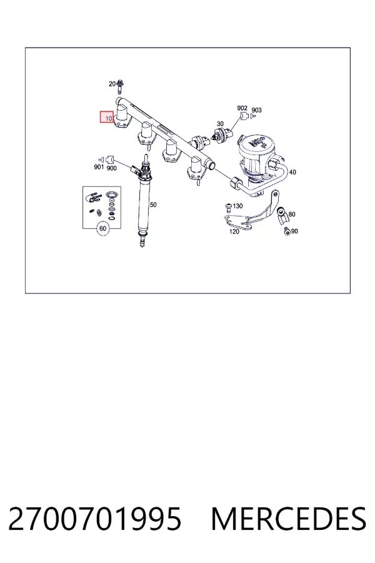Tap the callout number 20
click(112, 84)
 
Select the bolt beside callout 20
click(120, 86)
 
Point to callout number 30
click(220, 124)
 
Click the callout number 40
click(292, 173)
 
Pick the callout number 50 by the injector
click(153, 205)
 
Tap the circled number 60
click(103, 229)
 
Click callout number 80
click(292, 215)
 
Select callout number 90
click(294, 231)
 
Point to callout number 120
click(234, 231)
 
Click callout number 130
click(237, 206)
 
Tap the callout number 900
click(112, 168)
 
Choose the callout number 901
click(99, 167)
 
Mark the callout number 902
click(242, 108)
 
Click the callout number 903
click(257, 110)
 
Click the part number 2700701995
click(95, 519)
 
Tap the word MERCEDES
click(289, 519)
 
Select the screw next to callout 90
click(287, 231)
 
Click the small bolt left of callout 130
click(228, 206)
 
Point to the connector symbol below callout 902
click(243, 116)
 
